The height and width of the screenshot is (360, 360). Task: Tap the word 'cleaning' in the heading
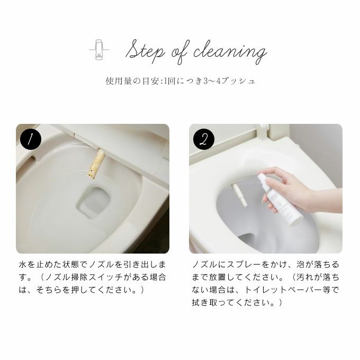(x=230, y=52)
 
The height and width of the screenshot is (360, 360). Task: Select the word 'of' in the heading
(x=181, y=52)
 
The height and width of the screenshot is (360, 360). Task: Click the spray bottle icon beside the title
(x=99, y=49)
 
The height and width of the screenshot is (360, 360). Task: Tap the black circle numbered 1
(x=31, y=139)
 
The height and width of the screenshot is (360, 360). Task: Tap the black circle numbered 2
(x=204, y=139)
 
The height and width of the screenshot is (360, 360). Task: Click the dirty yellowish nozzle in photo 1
(x=96, y=163)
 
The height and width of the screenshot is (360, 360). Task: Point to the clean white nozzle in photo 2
(x=239, y=195)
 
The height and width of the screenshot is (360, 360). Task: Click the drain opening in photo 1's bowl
(x=94, y=200)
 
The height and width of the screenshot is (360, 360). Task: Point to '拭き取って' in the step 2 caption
(x=213, y=303)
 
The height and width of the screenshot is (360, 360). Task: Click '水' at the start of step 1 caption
(x=23, y=265)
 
